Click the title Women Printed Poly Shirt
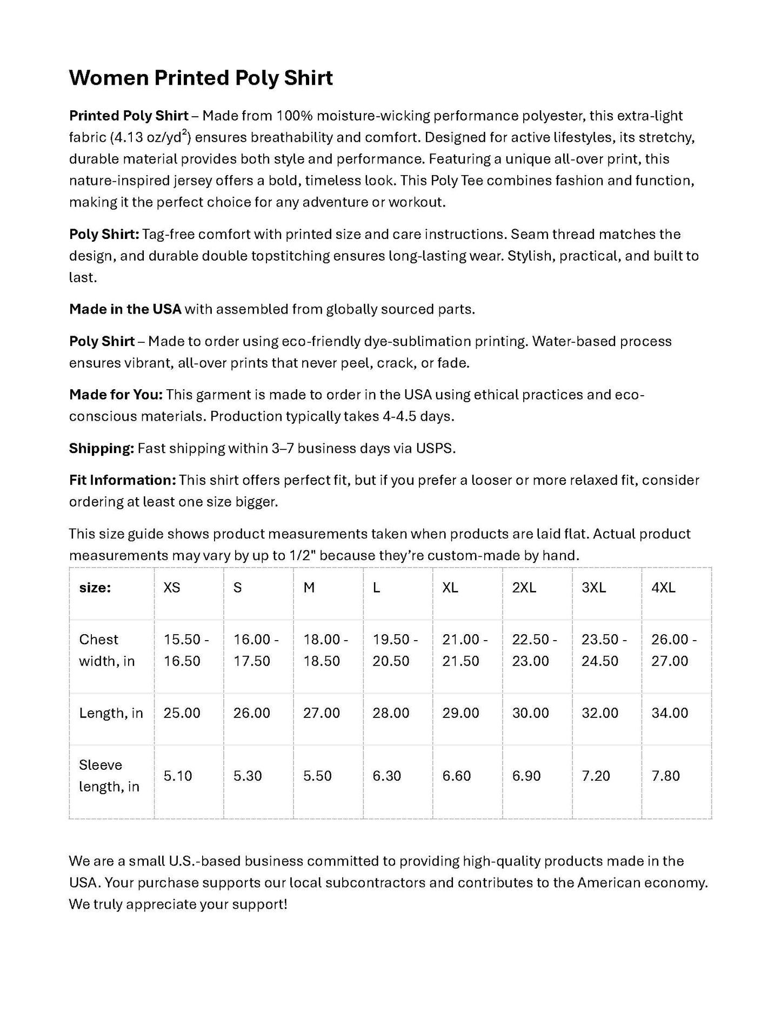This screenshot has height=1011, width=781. point(201,78)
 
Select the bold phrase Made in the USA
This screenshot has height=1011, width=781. point(125,309)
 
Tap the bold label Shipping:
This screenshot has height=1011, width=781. point(101,448)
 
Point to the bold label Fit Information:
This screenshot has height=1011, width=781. point(122,480)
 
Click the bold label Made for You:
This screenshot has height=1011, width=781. point(116,395)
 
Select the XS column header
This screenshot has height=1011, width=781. point(172,588)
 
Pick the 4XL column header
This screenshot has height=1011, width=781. point(663,588)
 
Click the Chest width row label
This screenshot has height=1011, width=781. point(106,650)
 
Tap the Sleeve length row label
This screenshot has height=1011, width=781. point(109,776)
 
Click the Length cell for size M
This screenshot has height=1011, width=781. point(322,713)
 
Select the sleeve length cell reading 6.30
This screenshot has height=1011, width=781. point(387,776)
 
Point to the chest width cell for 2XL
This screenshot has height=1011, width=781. point(534,650)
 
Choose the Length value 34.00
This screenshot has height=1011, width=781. point(670,713)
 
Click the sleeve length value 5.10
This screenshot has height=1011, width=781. point(178,776)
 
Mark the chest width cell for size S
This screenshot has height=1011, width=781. point(256,650)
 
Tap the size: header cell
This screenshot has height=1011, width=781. point(95,588)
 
